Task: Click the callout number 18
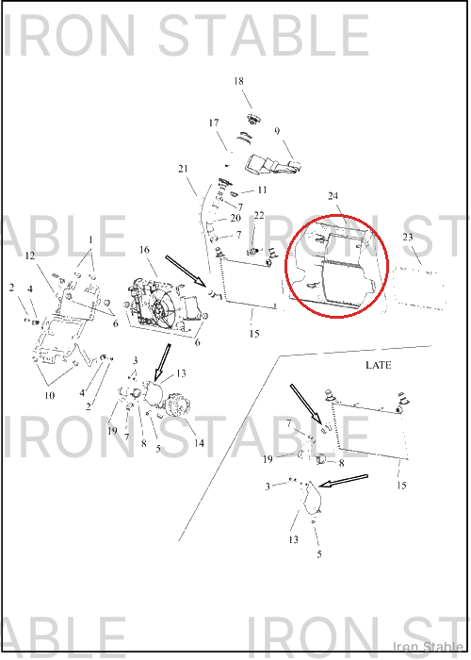[x=238, y=81]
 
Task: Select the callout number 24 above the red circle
[x=333, y=196]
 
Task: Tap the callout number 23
[x=408, y=237]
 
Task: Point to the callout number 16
[x=144, y=250]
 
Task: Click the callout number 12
[x=30, y=256]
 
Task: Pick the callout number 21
[x=183, y=169]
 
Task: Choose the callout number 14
[x=199, y=443]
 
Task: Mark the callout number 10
[x=50, y=395]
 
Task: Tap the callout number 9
[x=277, y=131]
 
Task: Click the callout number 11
[x=262, y=190]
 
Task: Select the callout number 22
[x=259, y=215]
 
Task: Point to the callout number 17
[x=214, y=123]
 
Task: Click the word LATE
[x=379, y=365]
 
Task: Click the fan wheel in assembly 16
[x=160, y=310]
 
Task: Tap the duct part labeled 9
[x=272, y=165]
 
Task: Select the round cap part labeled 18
[x=253, y=120]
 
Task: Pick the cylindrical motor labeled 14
[x=180, y=405]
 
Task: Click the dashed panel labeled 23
[x=419, y=287]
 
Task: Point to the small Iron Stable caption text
[x=428, y=646]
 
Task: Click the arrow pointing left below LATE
[x=344, y=481]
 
